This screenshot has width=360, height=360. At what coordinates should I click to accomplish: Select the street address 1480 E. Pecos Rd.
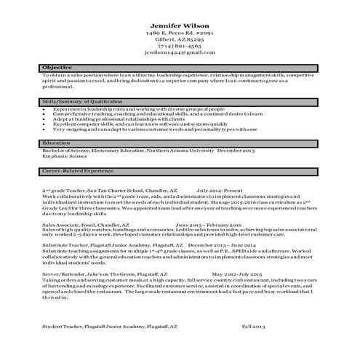(180, 34)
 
